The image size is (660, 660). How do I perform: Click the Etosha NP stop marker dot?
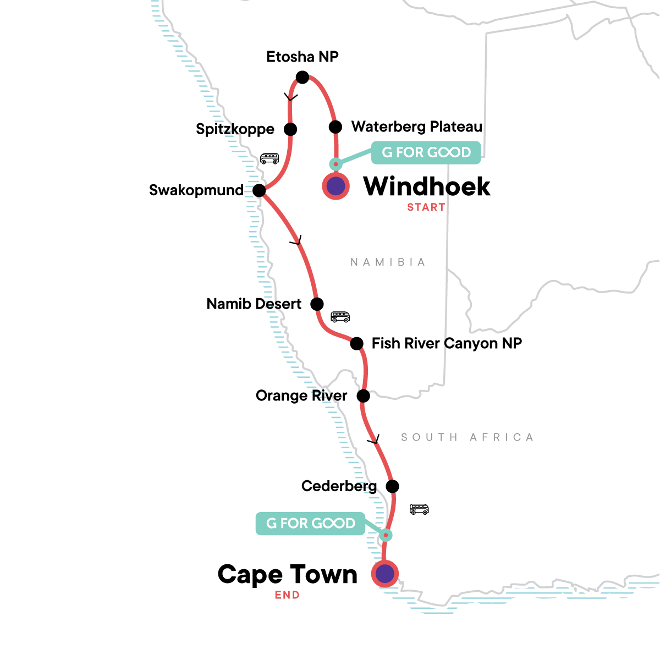click(x=302, y=78)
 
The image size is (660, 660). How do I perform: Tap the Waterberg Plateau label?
click(x=417, y=127)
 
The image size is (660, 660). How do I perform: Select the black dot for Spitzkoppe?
click(x=290, y=129)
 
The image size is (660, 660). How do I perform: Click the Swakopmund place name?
click(x=196, y=190)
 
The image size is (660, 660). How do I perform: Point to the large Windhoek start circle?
click(x=335, y=186)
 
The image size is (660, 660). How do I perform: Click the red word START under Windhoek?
click(x=426, y=207)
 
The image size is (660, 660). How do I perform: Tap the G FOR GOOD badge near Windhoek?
click(x=426, y=152)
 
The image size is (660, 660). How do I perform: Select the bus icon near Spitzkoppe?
click(x=269, y=158)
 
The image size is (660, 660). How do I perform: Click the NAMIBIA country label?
click(x=388, y=262)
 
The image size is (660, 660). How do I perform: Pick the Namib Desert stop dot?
click(x=317, y=304)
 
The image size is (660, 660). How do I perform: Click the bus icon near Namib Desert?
click(x=340, y=317)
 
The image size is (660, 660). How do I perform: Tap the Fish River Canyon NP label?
click(x=447, y=343)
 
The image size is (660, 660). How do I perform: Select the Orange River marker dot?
click(x=364, y=395)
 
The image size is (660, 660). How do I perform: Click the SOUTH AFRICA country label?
click(x=467, y=437)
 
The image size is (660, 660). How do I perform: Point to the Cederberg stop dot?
click(x=392, y=486)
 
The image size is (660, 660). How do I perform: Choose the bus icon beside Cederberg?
click(x=419, y=509)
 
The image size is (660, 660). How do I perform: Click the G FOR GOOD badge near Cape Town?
click(x=311, y=524)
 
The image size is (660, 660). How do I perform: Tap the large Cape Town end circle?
click(x=385, y=574)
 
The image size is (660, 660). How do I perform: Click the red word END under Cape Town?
click(x=287, y=595)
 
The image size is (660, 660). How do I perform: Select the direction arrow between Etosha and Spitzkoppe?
click(x=290, y=97)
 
